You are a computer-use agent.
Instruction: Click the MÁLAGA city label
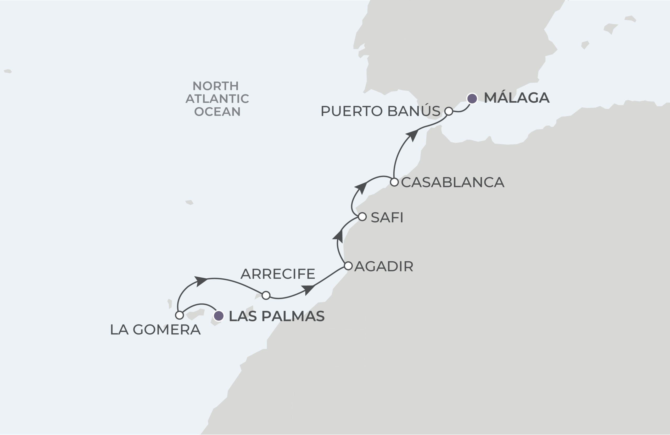point(516,98)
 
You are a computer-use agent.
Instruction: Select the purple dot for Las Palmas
point(219,316)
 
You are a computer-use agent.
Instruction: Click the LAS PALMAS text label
point(277,316)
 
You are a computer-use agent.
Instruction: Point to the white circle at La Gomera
point(179,315)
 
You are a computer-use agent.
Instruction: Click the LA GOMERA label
point(155,330)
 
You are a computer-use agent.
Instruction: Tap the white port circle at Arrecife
point(266,295)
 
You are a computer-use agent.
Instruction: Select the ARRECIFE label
point(278,274)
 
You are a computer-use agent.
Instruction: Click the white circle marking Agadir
point(348,266)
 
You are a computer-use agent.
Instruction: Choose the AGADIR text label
point(384,266)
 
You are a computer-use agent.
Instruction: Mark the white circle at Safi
point(362,217)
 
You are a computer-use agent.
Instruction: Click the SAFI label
point(387,217)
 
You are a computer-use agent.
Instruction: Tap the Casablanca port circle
point(394,182)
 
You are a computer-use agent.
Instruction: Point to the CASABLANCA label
point(453,182)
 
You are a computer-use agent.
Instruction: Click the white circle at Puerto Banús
point(449,111)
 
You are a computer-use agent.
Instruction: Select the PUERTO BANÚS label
point(380,111)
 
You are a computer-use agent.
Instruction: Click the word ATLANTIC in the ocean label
point(217,99)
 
